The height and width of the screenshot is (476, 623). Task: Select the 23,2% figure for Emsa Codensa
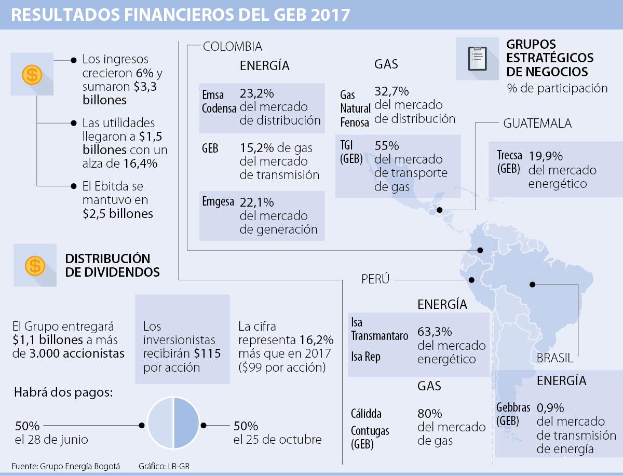[256, 94]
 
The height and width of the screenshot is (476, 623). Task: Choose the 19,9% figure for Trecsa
[546, 156]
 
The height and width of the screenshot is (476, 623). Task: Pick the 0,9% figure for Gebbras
[550, 407]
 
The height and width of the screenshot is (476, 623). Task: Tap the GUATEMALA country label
[537, 124]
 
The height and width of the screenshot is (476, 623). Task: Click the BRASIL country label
[555, 358]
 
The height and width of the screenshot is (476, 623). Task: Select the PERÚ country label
[375, 279]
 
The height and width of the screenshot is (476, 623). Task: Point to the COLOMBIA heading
[233, 47]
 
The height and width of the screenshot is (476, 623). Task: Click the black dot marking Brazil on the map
[532, 284]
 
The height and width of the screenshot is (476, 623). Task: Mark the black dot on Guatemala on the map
[439, 210]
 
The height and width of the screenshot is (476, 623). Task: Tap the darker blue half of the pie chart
[187, 423]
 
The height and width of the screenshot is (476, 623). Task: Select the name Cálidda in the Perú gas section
[366, 414]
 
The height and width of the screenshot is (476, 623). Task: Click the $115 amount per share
[208, 353]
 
